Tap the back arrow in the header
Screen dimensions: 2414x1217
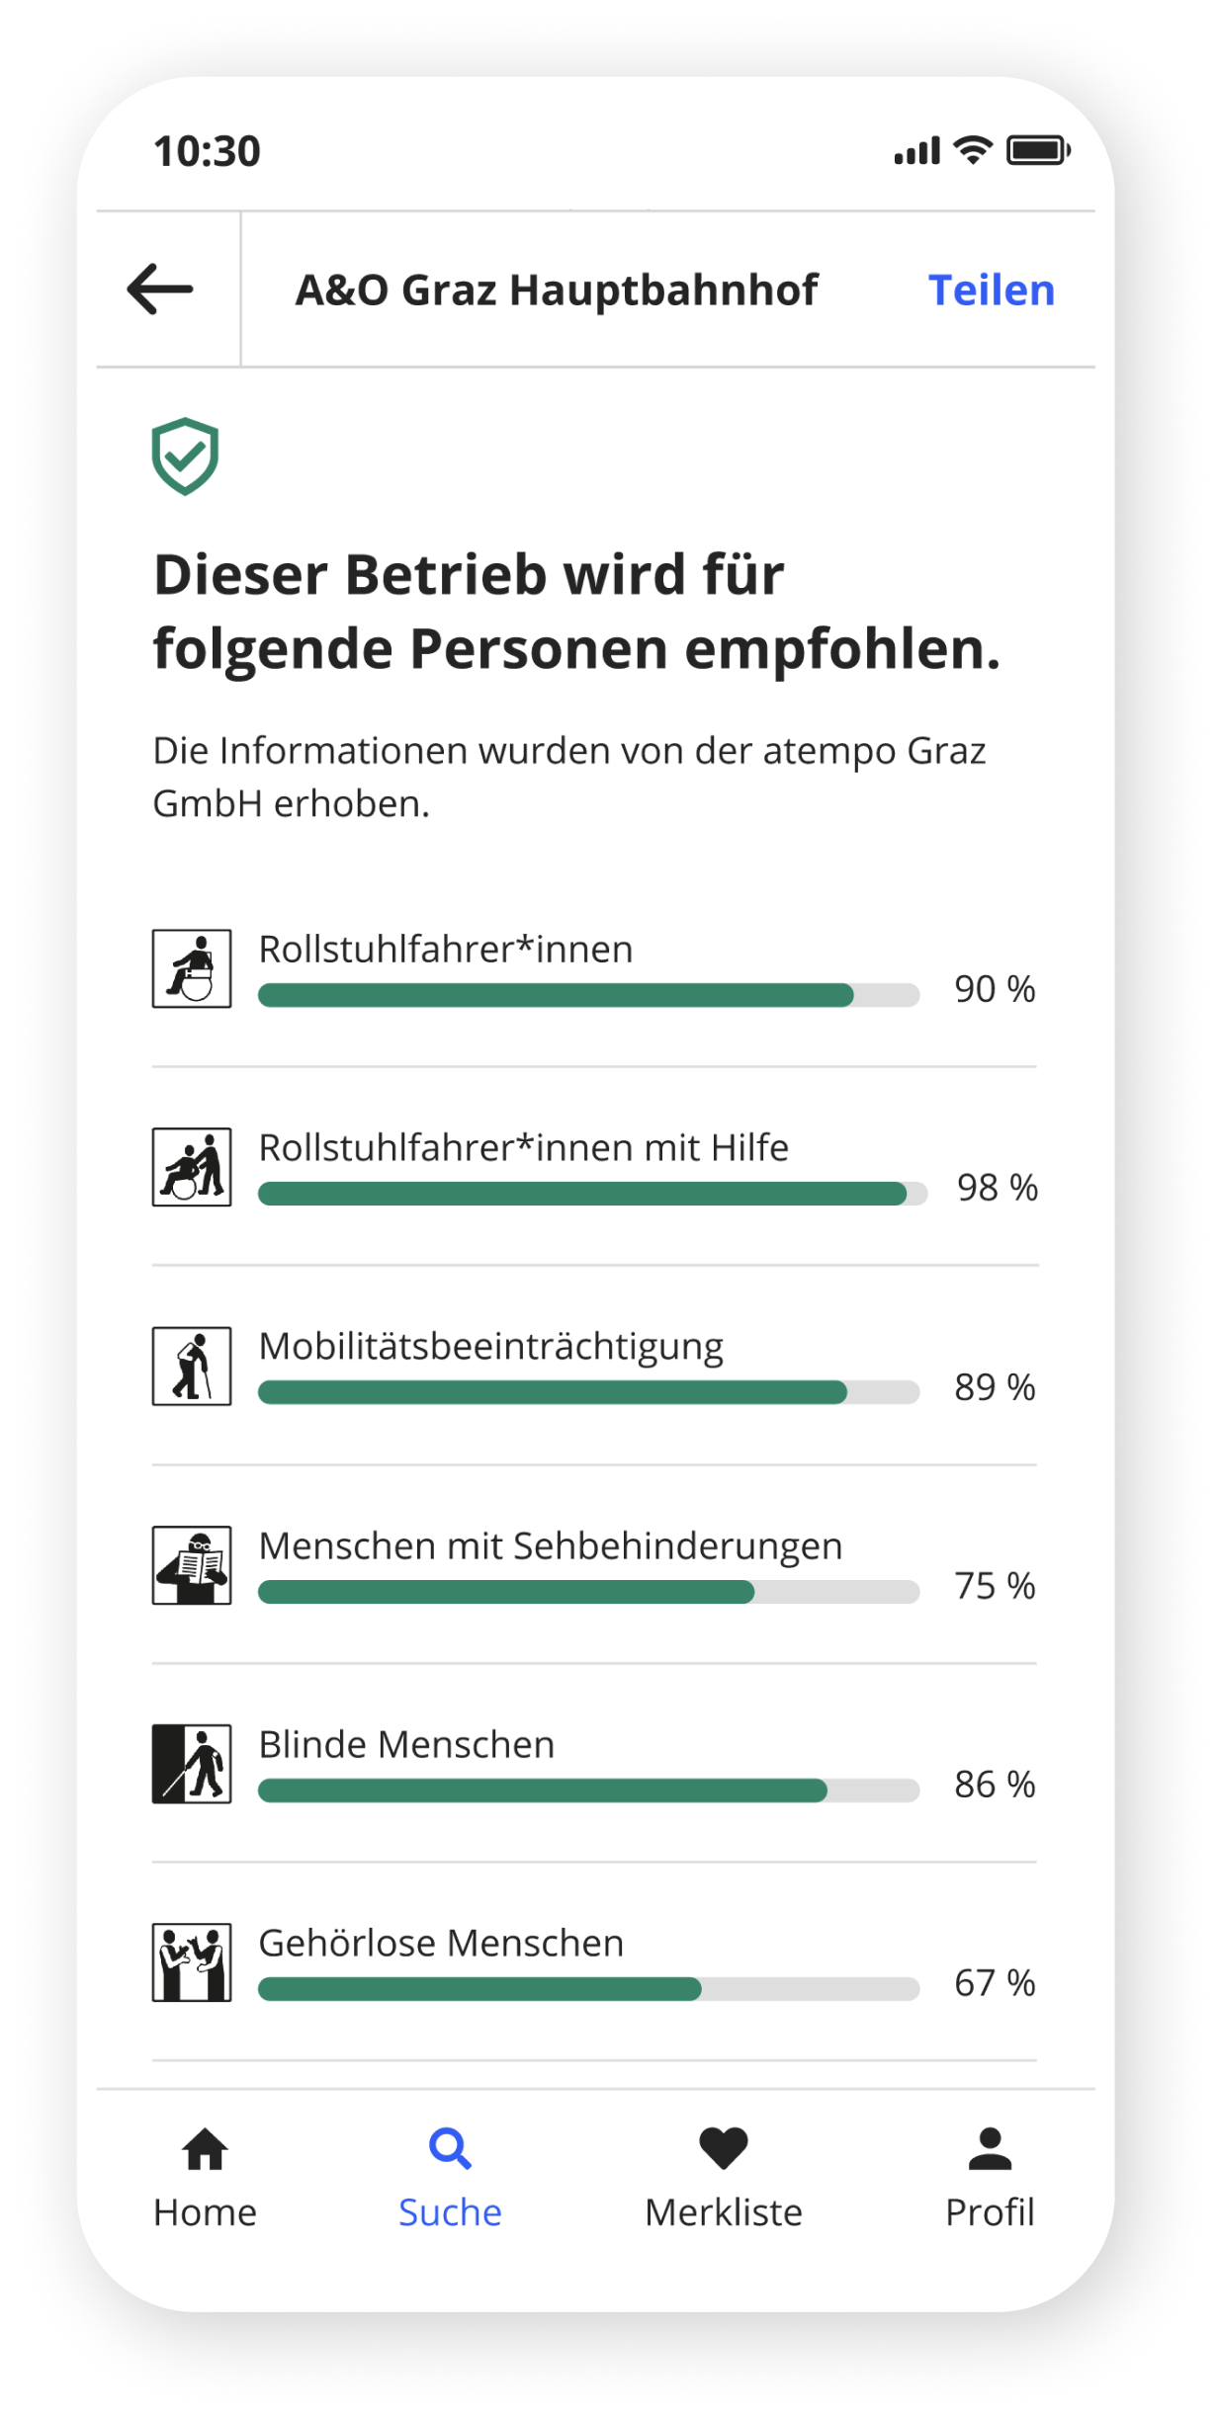pyautogui.click(x=160, y=290)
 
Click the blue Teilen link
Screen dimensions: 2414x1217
pyautogui.click(x=991, y=291)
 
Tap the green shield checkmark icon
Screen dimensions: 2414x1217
pyautogui.click(x=185, y=457)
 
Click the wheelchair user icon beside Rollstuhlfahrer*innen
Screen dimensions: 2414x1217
pyautogui.click(x=192, y=968)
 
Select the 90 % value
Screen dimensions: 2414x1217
pyautogui.click(x=995, y=989)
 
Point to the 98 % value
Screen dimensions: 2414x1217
pyautogui.click(x=997, y=1188)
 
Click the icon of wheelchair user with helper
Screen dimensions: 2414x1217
pyautogui.click(x=192, y=1167)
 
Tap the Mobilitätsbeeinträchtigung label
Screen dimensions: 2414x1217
pyautogui.click(x=490, y=1347)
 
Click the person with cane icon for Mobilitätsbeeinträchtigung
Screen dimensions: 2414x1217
pyautogui.click(x=192, y=1367)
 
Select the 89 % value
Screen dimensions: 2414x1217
pyautogui.click(x=995, y=1387)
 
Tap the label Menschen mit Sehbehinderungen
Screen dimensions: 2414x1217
pyautogui.click(x=550, y=1545)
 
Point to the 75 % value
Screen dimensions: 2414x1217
pyautogui.click(x=995, y=1586)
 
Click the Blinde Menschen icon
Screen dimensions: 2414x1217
pyautogui.click(x=192, y=1764)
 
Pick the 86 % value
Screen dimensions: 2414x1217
pyautogui.click(x=995, y=1785)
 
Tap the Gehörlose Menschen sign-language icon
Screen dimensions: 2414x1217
pyautogui.click(x=192, y=1962)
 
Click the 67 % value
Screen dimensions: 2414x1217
pyautogui.click(x=995, y=1983)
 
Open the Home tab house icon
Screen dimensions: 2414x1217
pyautogui.click(x=205, y=2149)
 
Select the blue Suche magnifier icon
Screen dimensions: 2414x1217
pyautogui.click(x=450, y=2149)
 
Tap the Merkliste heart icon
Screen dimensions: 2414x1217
pyautogui.click(x=724, y=2149)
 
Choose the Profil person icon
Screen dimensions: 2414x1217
pyautogui.click(x=990, y=2149)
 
